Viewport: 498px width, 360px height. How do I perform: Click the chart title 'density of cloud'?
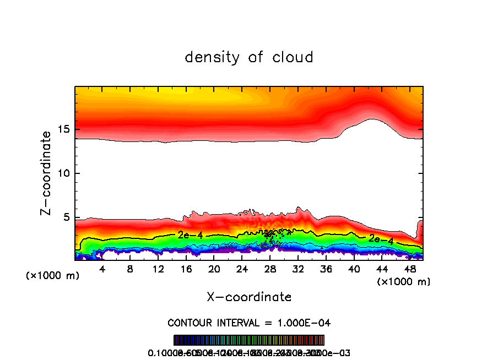click(x=249, y=57)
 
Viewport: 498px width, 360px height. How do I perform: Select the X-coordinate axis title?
click(x=249, y=297)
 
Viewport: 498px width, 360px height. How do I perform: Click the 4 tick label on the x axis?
click(x=102, y=270)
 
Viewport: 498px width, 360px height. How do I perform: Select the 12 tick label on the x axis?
click(x=158, y=270)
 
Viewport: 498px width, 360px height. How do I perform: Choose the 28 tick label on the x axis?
click(x=270, y=270)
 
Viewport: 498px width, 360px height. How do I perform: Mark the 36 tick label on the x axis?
click(x=326, y=270)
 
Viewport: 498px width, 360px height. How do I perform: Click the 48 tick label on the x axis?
click(x=409, y=270)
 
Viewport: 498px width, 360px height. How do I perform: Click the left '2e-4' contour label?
click(x=190, y=235)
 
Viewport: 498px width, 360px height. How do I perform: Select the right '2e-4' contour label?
click(x=381, y=239)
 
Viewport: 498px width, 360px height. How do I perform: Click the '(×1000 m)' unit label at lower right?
click(x=404, y=282)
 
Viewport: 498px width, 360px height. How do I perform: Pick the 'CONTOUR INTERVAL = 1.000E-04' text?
click(x=249, y=322)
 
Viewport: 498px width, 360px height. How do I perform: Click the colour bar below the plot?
click(x=249, y=340)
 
